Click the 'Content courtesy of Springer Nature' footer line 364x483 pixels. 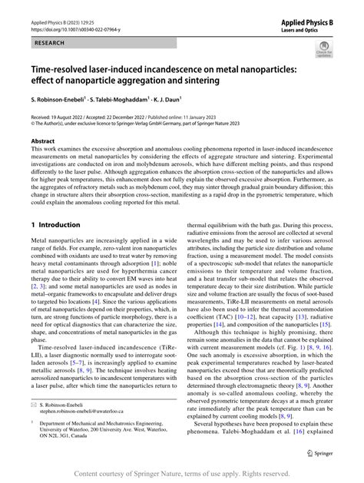point(182,475)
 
